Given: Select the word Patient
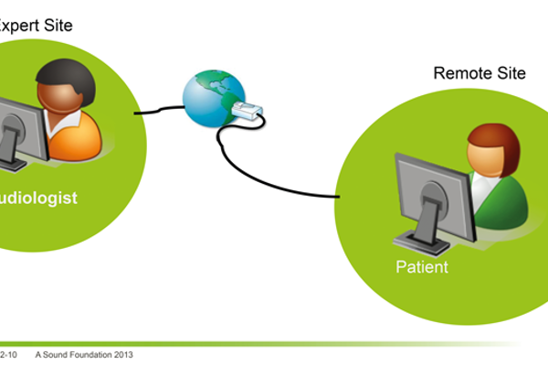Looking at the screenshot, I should coord(422,267).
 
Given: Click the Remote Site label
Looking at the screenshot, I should coord(479,73).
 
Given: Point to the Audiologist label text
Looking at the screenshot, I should coord(37,198).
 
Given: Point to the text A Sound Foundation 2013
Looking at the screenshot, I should coord(85,353).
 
